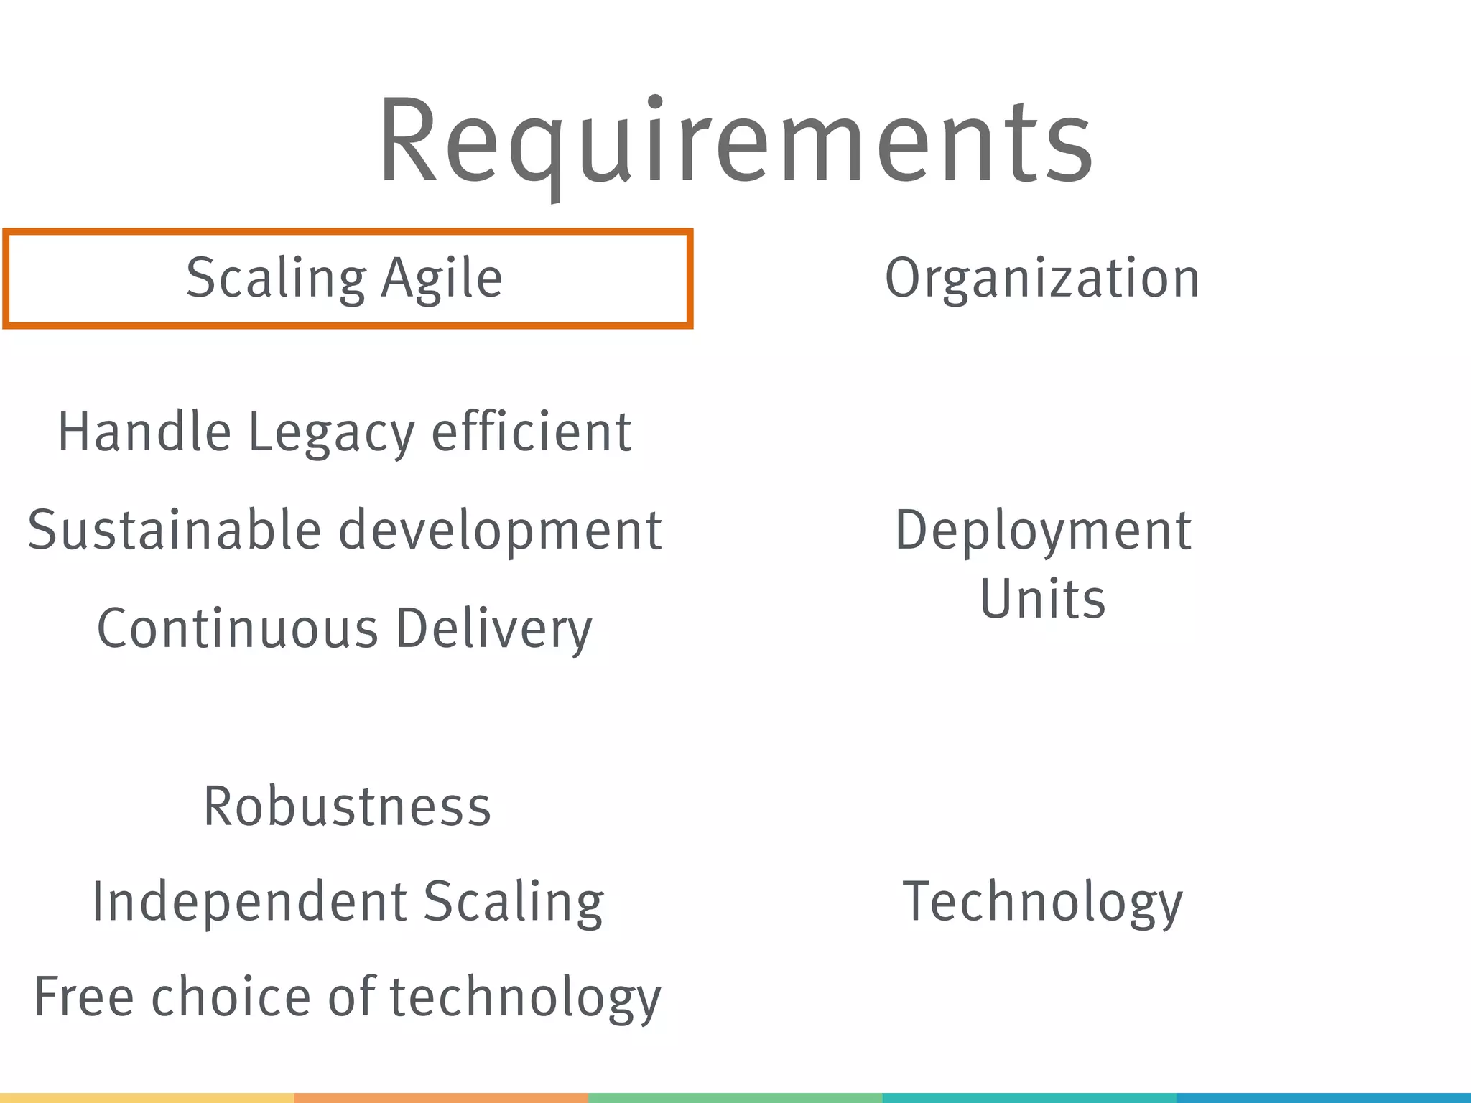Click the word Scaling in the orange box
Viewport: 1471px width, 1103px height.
[x=276, y=278]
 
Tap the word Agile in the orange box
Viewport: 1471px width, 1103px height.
[x=442, y=278]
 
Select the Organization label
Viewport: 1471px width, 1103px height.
[x=1042, y=278]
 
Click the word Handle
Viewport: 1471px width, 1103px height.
[x=144, y=432]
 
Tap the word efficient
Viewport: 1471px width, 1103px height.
[x=532, y=432]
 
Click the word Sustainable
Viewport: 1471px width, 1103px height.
[x=174, y=530]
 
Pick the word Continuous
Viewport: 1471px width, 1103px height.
[x=237, y=628]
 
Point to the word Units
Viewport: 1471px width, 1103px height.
[x=1042, y=599]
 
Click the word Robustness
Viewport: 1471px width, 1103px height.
[x=348, y=806]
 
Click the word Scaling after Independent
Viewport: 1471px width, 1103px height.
[x=514, y=903]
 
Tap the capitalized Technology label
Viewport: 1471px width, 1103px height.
[x=1042, y=903]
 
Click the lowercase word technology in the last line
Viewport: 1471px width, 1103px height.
[x=525, y=999]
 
